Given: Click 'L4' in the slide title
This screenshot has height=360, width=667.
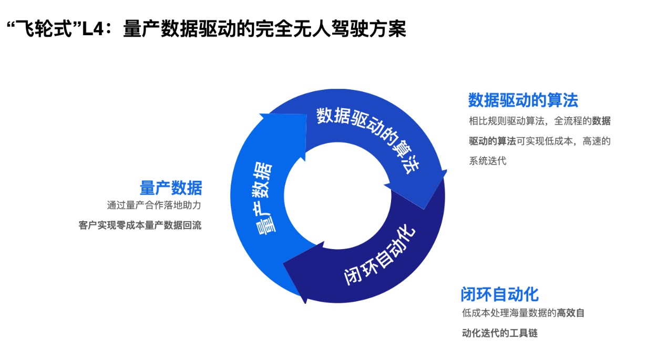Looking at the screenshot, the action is click(93, 29).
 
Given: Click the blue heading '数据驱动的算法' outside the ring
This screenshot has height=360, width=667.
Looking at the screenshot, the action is click(523, 100).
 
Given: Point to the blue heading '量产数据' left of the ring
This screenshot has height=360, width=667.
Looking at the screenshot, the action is click(171, 188).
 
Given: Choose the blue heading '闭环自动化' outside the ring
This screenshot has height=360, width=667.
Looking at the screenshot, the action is click(500, 294).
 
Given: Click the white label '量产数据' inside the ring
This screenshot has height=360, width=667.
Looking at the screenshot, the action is click(262, 199).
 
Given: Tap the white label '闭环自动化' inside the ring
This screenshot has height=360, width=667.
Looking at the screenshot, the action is click(379, 254).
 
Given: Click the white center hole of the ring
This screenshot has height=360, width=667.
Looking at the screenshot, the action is click(337, 196).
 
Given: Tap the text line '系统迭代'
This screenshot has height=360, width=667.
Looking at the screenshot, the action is click(487, 161).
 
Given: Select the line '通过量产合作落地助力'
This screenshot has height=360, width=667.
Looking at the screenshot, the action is click(154, 205).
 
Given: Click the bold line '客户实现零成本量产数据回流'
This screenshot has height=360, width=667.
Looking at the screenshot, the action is click(140, 225).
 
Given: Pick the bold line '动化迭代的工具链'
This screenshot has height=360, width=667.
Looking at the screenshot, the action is click(500, 333).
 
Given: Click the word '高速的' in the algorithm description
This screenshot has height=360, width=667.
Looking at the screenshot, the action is click(597, 141).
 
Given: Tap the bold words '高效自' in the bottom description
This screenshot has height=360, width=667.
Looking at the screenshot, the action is click(570, 313).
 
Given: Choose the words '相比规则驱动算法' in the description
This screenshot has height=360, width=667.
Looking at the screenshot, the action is click(507, 121).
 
